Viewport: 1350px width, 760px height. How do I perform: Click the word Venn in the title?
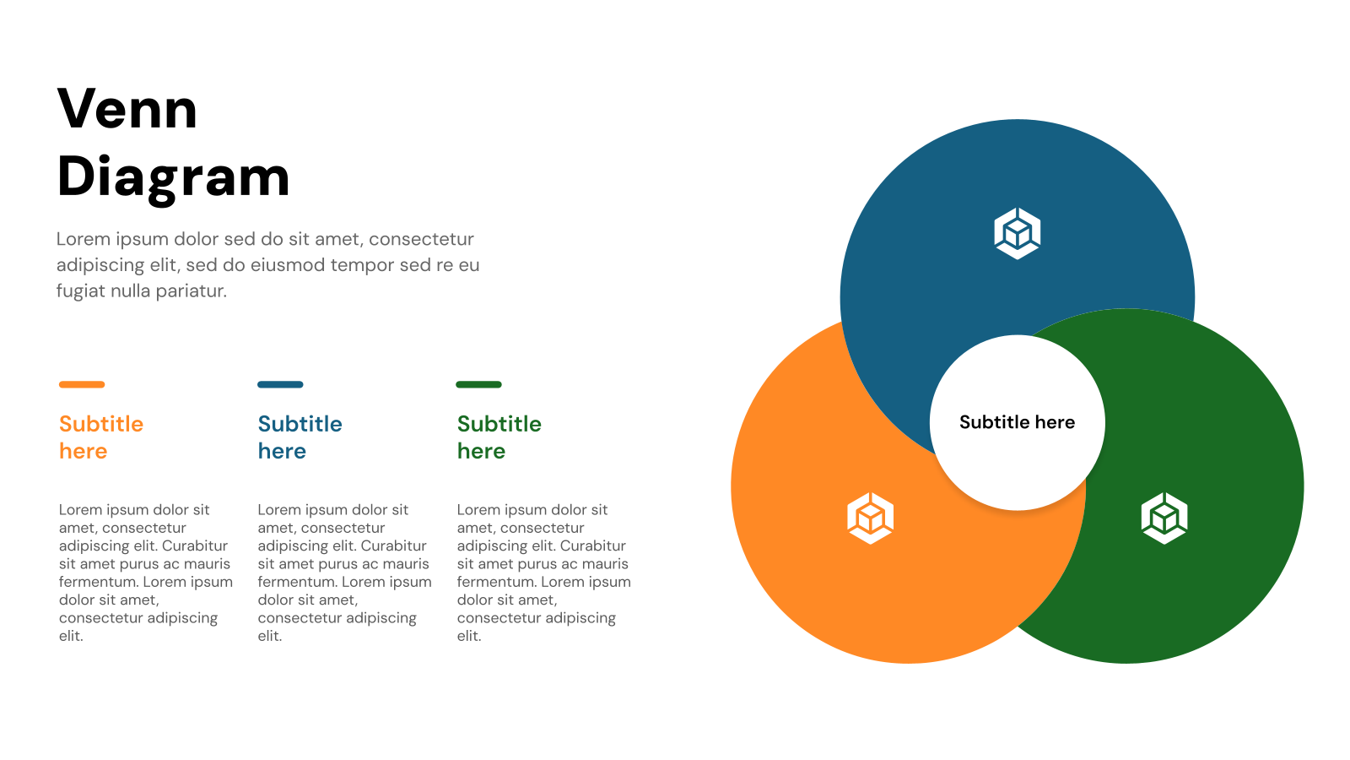pos(127,109)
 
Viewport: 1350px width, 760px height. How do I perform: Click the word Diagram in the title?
pos(173,176)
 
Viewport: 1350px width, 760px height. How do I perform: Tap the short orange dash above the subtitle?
pos(82,384)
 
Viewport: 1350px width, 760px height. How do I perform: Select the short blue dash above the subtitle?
pos(280,384)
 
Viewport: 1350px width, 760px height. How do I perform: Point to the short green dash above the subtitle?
pos(478,384)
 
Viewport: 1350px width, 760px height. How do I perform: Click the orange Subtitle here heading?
pos(100,437)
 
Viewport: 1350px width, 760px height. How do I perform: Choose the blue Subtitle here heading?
pos(300,437)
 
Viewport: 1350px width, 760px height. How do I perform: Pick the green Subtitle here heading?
pos(499,437)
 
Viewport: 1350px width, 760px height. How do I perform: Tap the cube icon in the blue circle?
pos(1017,233)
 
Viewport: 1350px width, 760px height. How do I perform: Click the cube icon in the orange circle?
pos(870,518)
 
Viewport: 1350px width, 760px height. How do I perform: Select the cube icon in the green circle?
pos(1164,518)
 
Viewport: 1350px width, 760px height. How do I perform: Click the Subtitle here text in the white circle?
pos(1017,422)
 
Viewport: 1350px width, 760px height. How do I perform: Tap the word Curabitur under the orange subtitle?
pos(195,546)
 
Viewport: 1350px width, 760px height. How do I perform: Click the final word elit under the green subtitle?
pos(468,636)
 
